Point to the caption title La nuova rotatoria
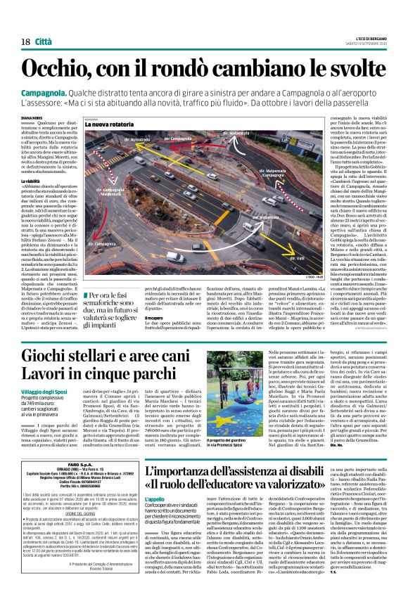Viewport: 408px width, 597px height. tap(110, 124)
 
